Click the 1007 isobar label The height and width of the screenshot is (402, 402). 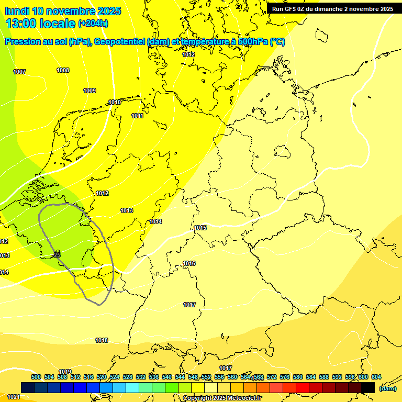coord(19,72)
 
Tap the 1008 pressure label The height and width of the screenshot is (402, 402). coord(63,70)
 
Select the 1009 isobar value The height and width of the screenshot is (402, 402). coord(90,91)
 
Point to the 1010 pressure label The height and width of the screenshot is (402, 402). coord(115,102)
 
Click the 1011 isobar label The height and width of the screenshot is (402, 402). coord(137,116)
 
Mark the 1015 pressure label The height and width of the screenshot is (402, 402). coord(200,228)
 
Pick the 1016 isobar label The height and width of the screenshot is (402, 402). coord(189,263)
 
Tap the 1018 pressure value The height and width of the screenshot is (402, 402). coord(102,340)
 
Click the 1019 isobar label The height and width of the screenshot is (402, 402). coord(65,372)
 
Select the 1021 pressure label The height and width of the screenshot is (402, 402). coord(14,397)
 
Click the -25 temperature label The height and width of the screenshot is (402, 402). coord(57,255)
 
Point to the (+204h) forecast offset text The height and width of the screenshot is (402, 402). coord(93,24)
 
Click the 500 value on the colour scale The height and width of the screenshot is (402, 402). coord(36,377)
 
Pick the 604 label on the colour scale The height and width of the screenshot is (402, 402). coord(376,377)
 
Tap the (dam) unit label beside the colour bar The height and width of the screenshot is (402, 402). coord(387,388)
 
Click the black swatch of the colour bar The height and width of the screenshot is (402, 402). coord(368,387)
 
